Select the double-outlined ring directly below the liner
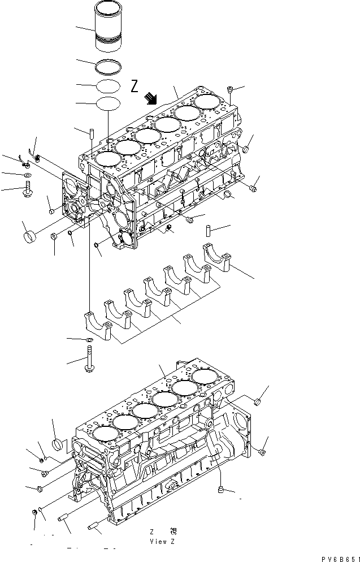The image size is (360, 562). point(109,66)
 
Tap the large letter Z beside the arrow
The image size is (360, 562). point(135,86)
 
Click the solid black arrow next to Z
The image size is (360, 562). point(150,99)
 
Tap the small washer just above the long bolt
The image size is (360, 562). point(89,339)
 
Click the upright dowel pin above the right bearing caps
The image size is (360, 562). point(207,231)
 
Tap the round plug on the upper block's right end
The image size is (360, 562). point(247,149)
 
